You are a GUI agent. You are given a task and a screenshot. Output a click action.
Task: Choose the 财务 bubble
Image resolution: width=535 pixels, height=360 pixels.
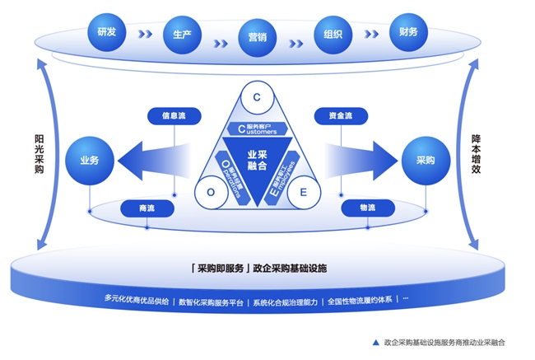tap(408, 32)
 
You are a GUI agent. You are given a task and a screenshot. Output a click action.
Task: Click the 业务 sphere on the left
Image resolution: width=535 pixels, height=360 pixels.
tap(89, 160)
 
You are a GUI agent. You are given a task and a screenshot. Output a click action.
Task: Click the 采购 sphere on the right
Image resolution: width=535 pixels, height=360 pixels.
tap(425, 160)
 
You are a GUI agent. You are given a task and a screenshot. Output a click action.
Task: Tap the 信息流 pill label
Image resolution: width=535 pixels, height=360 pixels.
tap(174, 116)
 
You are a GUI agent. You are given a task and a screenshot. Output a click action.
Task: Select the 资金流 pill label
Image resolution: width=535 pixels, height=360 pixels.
tap(340, 116)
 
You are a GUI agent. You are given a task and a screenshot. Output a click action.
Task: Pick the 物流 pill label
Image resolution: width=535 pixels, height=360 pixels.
tap(368, 209)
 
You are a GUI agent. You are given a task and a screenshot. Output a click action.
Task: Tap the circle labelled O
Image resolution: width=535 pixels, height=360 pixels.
tap(211, 192)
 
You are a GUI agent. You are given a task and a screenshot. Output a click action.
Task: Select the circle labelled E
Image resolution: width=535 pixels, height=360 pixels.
tap(304, 192)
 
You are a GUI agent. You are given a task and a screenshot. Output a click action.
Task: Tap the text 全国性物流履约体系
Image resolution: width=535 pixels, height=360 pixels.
tap(361, 301)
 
